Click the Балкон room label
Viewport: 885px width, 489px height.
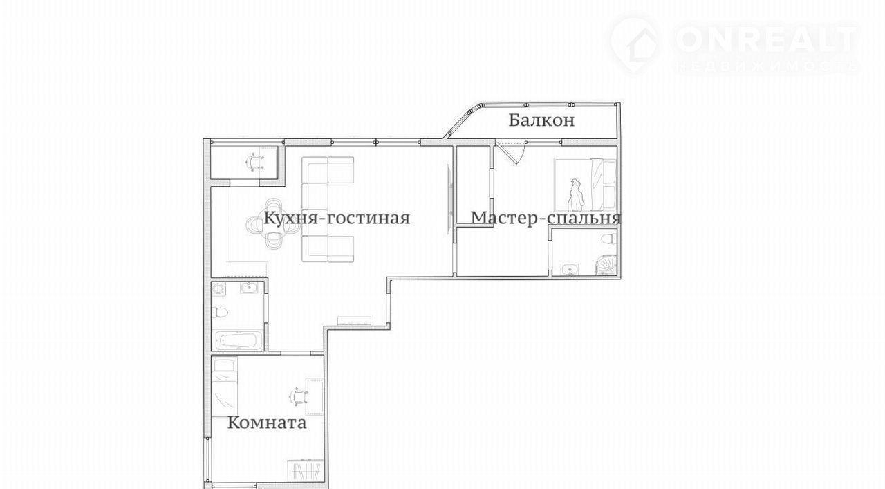pos(541,120)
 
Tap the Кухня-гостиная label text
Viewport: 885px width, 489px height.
pos(337,218)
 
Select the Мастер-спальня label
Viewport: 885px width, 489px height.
pos(546,218)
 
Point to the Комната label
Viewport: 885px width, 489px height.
pos(267,423)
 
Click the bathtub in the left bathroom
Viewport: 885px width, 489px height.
pos(239,340)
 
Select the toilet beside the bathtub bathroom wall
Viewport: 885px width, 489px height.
pos(220,313)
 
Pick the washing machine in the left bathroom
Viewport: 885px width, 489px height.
pos(218,288)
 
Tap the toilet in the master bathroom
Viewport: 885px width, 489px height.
pos(608,239)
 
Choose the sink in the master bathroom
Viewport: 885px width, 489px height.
pos(570,269)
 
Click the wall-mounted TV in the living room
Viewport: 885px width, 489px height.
pos(449,199)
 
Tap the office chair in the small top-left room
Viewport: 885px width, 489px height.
pos(255,162)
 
